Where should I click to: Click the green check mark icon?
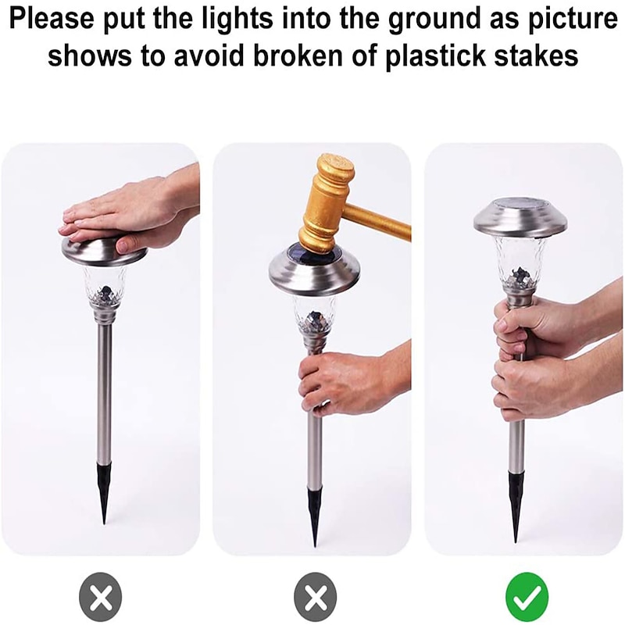coord(527,597)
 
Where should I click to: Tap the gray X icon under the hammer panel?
coord(316,598)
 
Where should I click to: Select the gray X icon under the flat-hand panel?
coord(101,598)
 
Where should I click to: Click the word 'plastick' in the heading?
coord(436,55)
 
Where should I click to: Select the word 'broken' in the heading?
coord(298,55)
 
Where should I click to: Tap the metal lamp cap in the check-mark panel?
coord(520,220)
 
